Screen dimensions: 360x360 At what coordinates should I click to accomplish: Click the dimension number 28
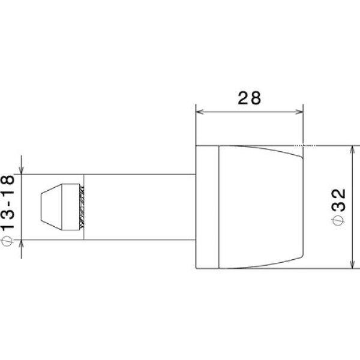[x=249, y=98]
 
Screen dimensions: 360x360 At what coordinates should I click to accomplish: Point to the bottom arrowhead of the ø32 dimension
[x=352, y=265]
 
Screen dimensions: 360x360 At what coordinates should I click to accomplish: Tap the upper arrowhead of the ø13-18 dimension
[x=22, y=172]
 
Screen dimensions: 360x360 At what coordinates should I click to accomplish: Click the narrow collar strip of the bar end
[x=207, y=207]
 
